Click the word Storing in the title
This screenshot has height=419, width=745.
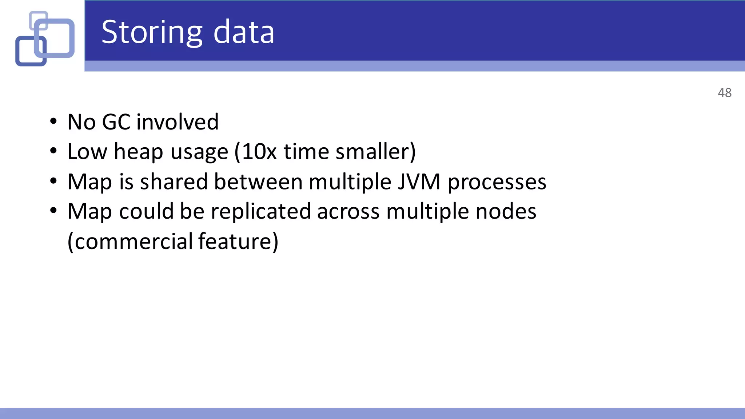[151, 33]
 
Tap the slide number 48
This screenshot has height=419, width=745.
[724, 93]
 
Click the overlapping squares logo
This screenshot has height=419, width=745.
[45, 39]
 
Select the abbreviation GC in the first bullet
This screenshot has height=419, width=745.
[116, 122]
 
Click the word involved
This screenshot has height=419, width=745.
[178, 122]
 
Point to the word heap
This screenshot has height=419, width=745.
[138, 152]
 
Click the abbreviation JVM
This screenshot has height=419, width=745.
[419, 181]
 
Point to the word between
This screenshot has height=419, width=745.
[258, 181]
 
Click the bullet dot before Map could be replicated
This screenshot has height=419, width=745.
[53, 211]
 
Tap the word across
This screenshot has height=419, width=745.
[348, 212]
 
